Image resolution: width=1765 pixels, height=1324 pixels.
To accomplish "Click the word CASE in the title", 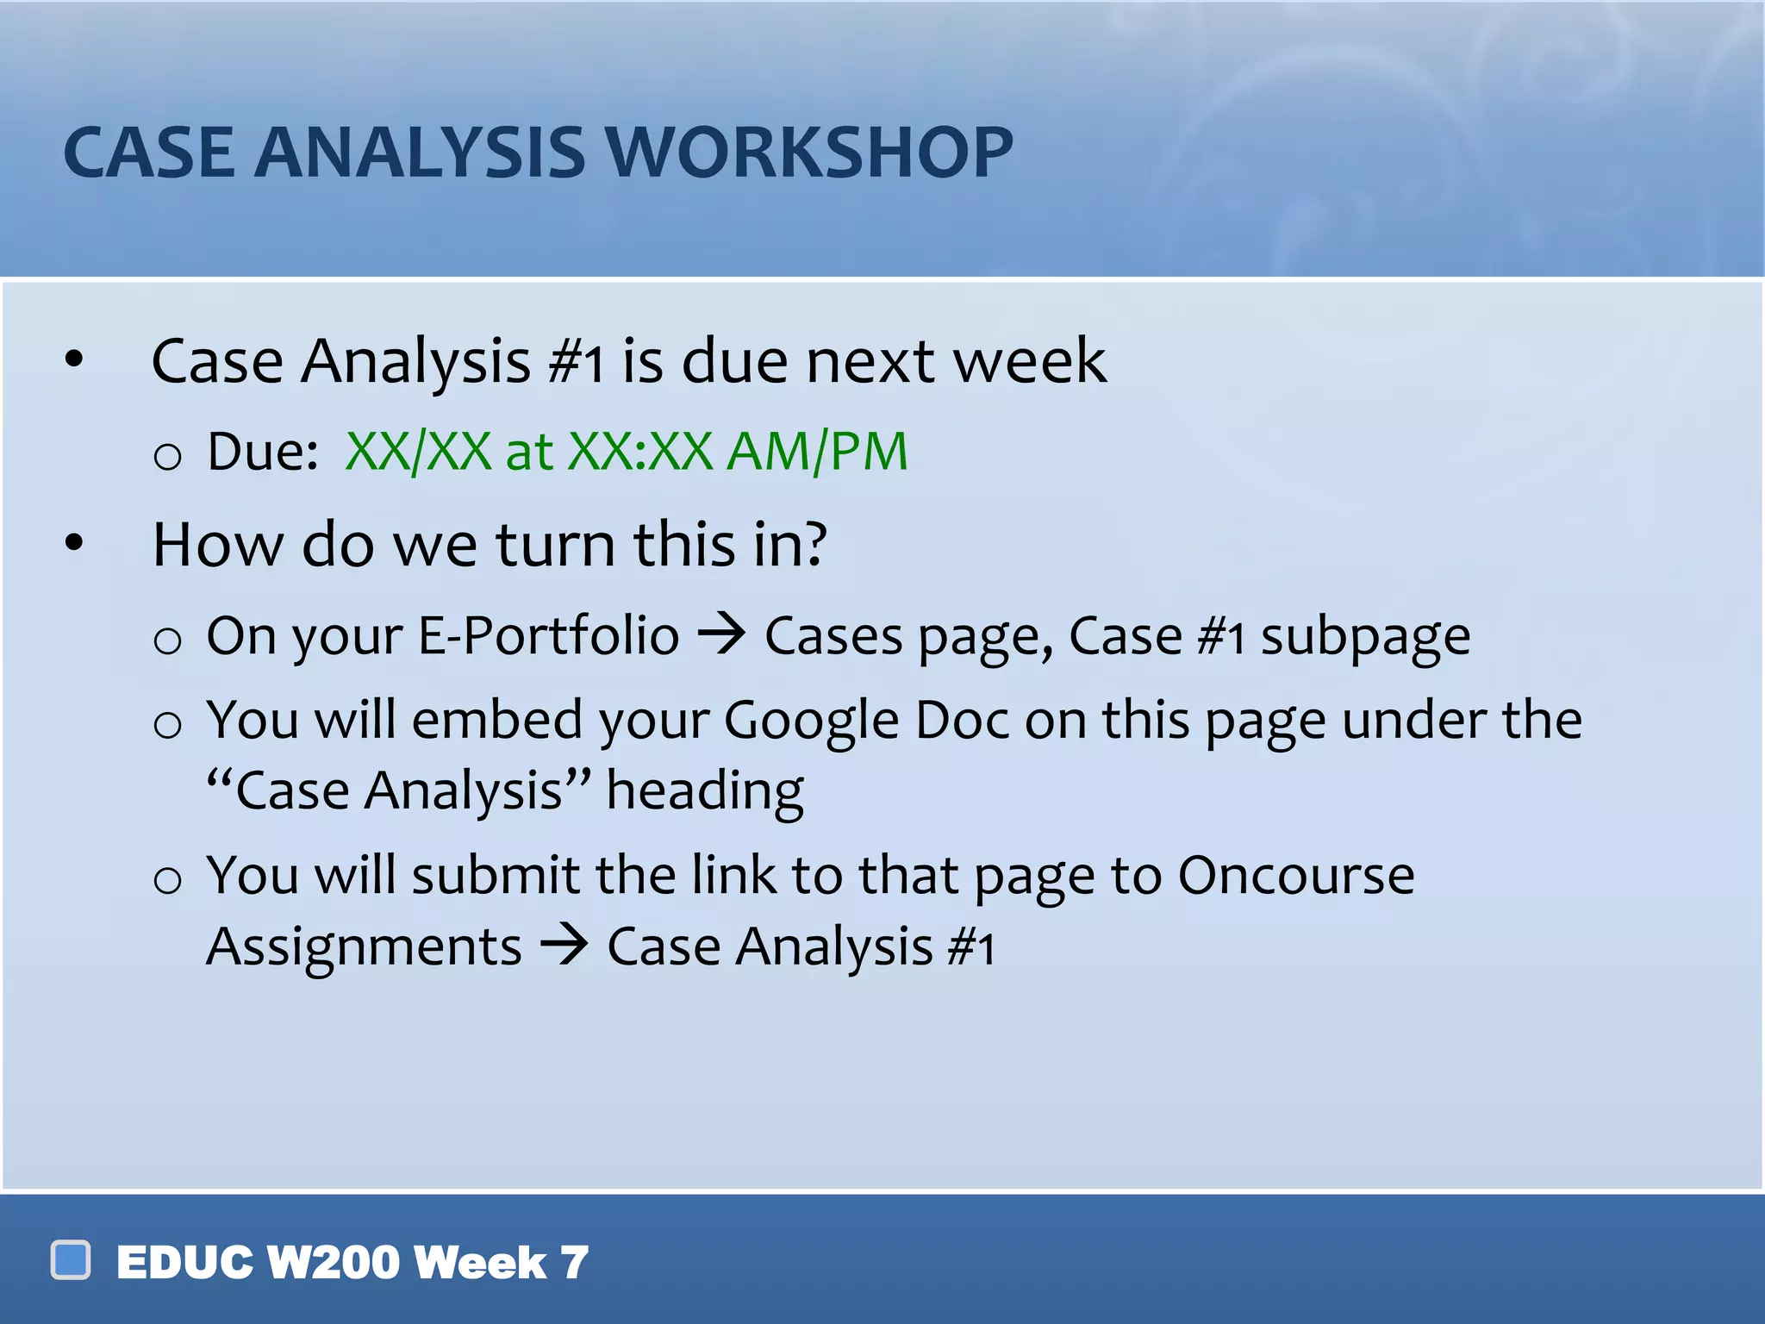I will point(148,153).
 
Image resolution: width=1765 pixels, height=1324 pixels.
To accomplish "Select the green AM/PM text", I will point(817,451).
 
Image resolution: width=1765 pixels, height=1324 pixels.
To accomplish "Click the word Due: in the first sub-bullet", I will point(263,451).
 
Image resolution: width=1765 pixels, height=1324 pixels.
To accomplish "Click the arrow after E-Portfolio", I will point(721,635).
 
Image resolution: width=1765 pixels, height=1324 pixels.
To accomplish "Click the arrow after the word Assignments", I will point(564,946).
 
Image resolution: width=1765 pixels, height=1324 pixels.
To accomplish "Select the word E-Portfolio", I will point(548,636).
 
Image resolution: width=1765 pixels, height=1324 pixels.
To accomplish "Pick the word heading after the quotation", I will point(704,791).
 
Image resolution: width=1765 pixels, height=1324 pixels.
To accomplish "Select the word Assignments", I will point(364,947).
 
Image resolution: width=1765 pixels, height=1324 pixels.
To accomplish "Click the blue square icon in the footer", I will point(71,1260).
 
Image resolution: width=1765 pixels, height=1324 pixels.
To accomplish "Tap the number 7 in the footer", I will point(575,1263).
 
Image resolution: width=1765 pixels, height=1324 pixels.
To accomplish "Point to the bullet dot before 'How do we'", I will point(75,543).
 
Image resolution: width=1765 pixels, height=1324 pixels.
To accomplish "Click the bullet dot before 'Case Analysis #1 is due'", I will point(75,359).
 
